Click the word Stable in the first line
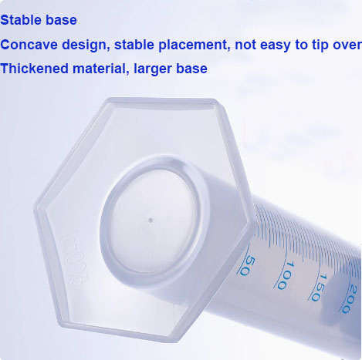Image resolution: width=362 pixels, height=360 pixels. pos(19,20)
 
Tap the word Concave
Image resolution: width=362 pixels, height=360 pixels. pos(29,45)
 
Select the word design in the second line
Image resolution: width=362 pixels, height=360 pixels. pos(84,45)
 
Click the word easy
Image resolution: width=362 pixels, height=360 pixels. pos(276,45)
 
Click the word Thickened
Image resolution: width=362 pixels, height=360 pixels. pos(34,69)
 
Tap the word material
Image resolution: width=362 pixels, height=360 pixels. pos(101,69)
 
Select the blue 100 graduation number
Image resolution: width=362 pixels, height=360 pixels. pos(285,275)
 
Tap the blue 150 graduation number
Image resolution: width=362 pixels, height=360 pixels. pos(318,288)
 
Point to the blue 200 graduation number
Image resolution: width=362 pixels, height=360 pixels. pos(350,299)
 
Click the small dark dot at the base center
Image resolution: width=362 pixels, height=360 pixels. pos(151,220)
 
